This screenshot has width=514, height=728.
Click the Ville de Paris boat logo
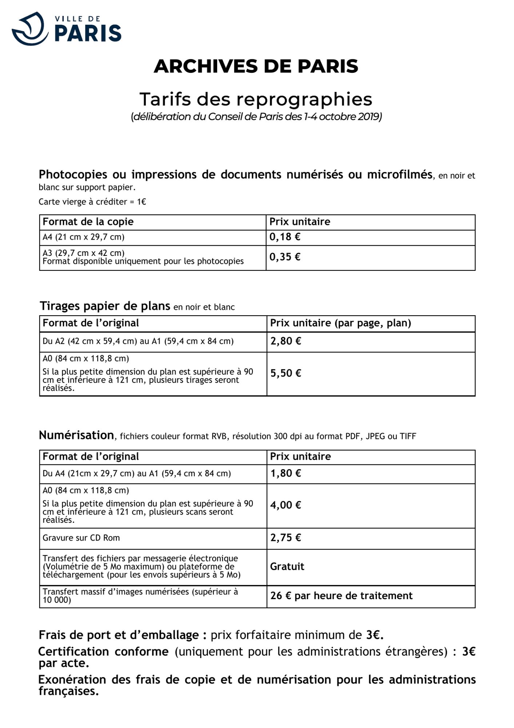point(30,29)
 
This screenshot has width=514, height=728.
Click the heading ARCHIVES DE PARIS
point(256,66)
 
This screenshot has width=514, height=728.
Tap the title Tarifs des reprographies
point(256,99)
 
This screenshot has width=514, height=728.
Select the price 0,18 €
point(285,237)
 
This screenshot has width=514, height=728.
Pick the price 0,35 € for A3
point(285,257)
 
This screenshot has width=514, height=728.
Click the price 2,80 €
point(286,341)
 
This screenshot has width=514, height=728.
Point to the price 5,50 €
point(286,373)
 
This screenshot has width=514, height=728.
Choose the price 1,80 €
point(286,473)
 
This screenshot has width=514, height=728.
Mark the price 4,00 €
point(286,505)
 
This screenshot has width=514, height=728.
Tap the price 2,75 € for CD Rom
point(286,538)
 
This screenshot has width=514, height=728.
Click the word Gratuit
point(287,566)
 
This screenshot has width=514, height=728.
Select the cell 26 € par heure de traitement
point(341,596)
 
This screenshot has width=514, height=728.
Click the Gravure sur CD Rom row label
point(81,538)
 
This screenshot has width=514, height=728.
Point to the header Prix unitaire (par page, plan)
point(340,323)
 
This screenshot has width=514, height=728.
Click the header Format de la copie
point(88,222)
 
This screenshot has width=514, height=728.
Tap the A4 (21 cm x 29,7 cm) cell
point(84,237)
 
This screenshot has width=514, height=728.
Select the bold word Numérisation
point(76,435)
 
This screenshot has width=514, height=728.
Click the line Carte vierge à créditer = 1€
point(92,202)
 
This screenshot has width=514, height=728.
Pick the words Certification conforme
point(104,652)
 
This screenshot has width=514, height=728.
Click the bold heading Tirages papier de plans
point(105,306)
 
